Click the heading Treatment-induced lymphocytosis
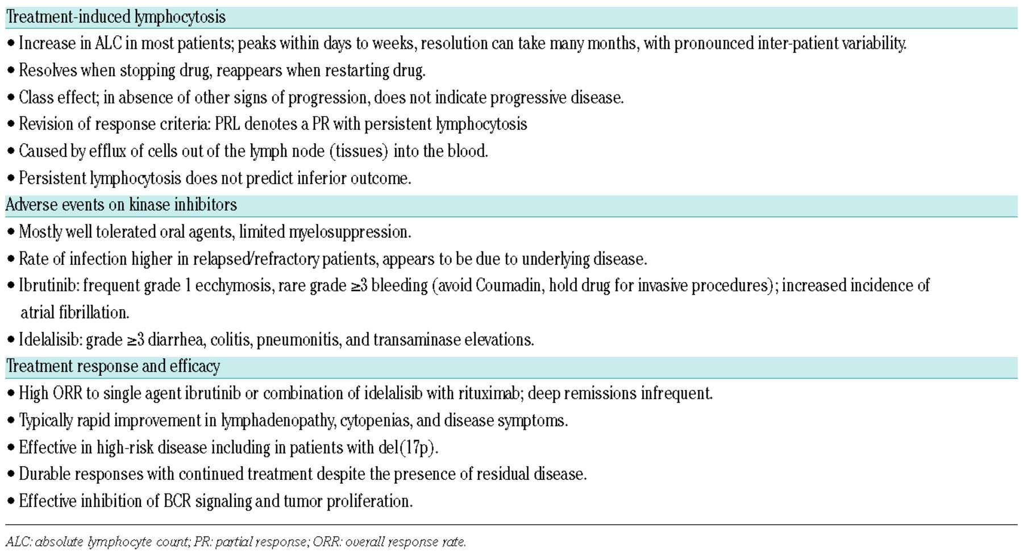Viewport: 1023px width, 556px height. click(x=116, y=17)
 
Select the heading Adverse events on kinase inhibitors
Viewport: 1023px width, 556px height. click(x=121, y=205)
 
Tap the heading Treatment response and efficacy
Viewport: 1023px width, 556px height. click(x=113, y=366)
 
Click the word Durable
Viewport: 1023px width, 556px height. click(x=44, y=474)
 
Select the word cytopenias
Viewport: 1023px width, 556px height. click(x=375, y=421)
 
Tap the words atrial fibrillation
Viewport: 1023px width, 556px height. click(x=74, y=313)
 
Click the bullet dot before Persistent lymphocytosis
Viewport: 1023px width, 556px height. click(x=11, y=179)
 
